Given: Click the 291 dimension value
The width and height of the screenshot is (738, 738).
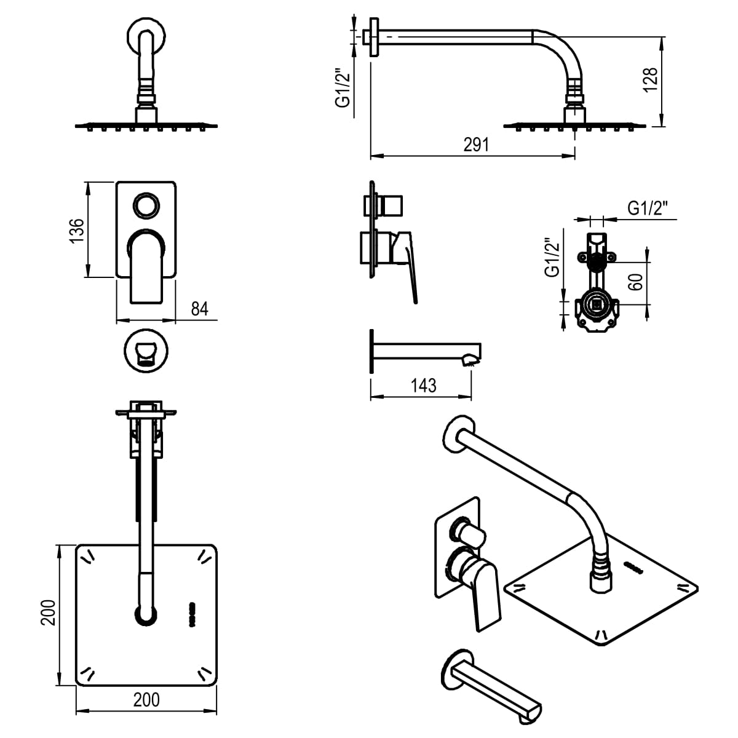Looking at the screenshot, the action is point(475,145).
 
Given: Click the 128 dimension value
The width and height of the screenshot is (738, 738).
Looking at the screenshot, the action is point(650,80).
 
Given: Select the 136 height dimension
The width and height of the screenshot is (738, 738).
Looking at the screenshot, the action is point(77,231).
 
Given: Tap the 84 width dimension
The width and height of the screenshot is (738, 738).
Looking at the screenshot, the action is point(199,309).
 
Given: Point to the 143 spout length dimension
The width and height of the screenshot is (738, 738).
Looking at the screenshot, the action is point(423,386).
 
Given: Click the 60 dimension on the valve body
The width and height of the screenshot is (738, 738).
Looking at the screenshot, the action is point(635,282).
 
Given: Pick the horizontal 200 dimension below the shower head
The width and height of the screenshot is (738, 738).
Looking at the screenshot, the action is point(146,700).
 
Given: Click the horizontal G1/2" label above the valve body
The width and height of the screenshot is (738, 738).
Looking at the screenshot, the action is point(648,208).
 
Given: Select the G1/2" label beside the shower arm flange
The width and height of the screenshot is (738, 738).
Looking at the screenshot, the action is point(343,88).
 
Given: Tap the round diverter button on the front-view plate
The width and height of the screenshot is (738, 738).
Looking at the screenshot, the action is point(146,205).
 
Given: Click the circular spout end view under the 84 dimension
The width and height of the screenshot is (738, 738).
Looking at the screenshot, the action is point(146,351).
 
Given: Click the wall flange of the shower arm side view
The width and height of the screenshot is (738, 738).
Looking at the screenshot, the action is point(374,37).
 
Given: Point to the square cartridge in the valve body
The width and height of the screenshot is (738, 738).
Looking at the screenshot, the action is point(597,305).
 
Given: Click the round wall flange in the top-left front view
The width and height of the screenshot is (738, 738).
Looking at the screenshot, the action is point(146,37).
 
